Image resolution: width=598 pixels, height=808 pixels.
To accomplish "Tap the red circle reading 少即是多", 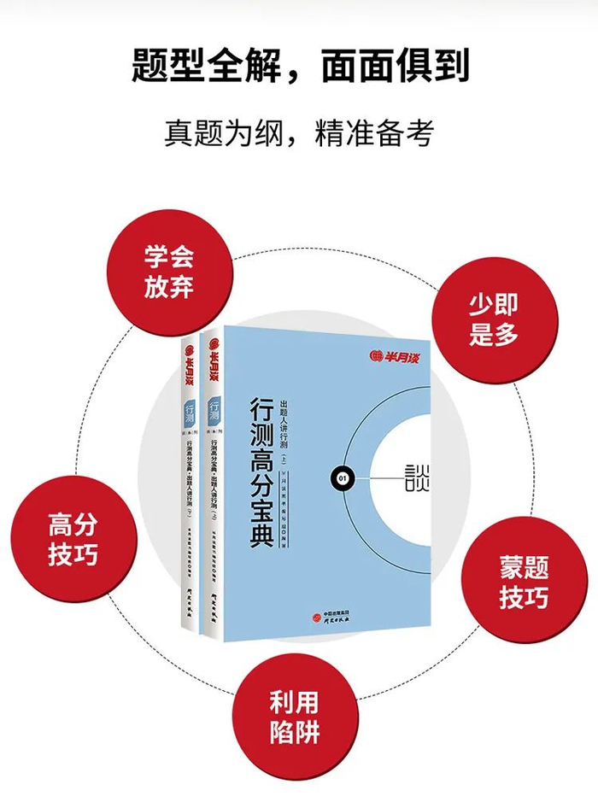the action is [x=494, y=318].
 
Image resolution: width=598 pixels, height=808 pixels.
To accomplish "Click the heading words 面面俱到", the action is [x=396, y=66].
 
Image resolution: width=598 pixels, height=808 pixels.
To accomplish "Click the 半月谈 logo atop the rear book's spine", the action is [x=188, y=371].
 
